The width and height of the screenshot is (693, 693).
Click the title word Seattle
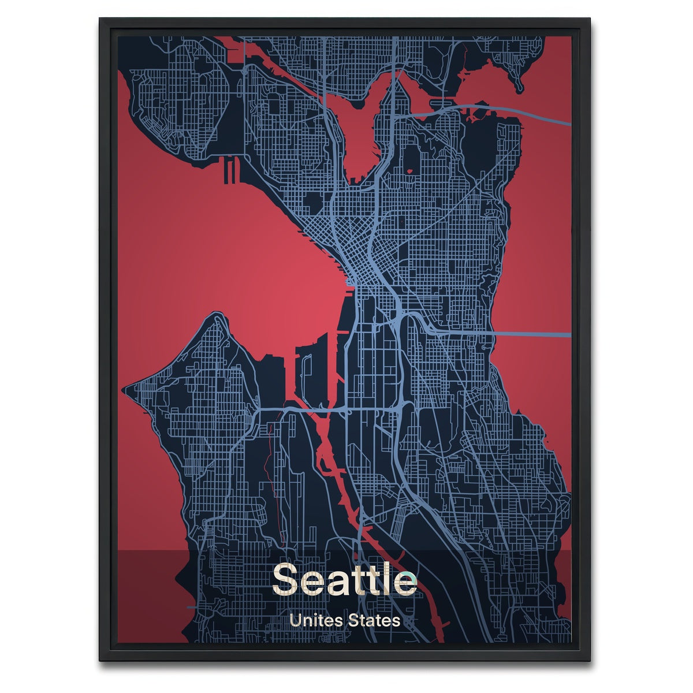[344, 579]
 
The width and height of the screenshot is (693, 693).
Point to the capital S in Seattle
[286, 579]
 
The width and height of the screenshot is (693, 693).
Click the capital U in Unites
[296, 621]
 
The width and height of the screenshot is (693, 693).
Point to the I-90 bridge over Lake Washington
[531, 334]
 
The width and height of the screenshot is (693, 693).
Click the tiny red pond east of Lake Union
[410, 171]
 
